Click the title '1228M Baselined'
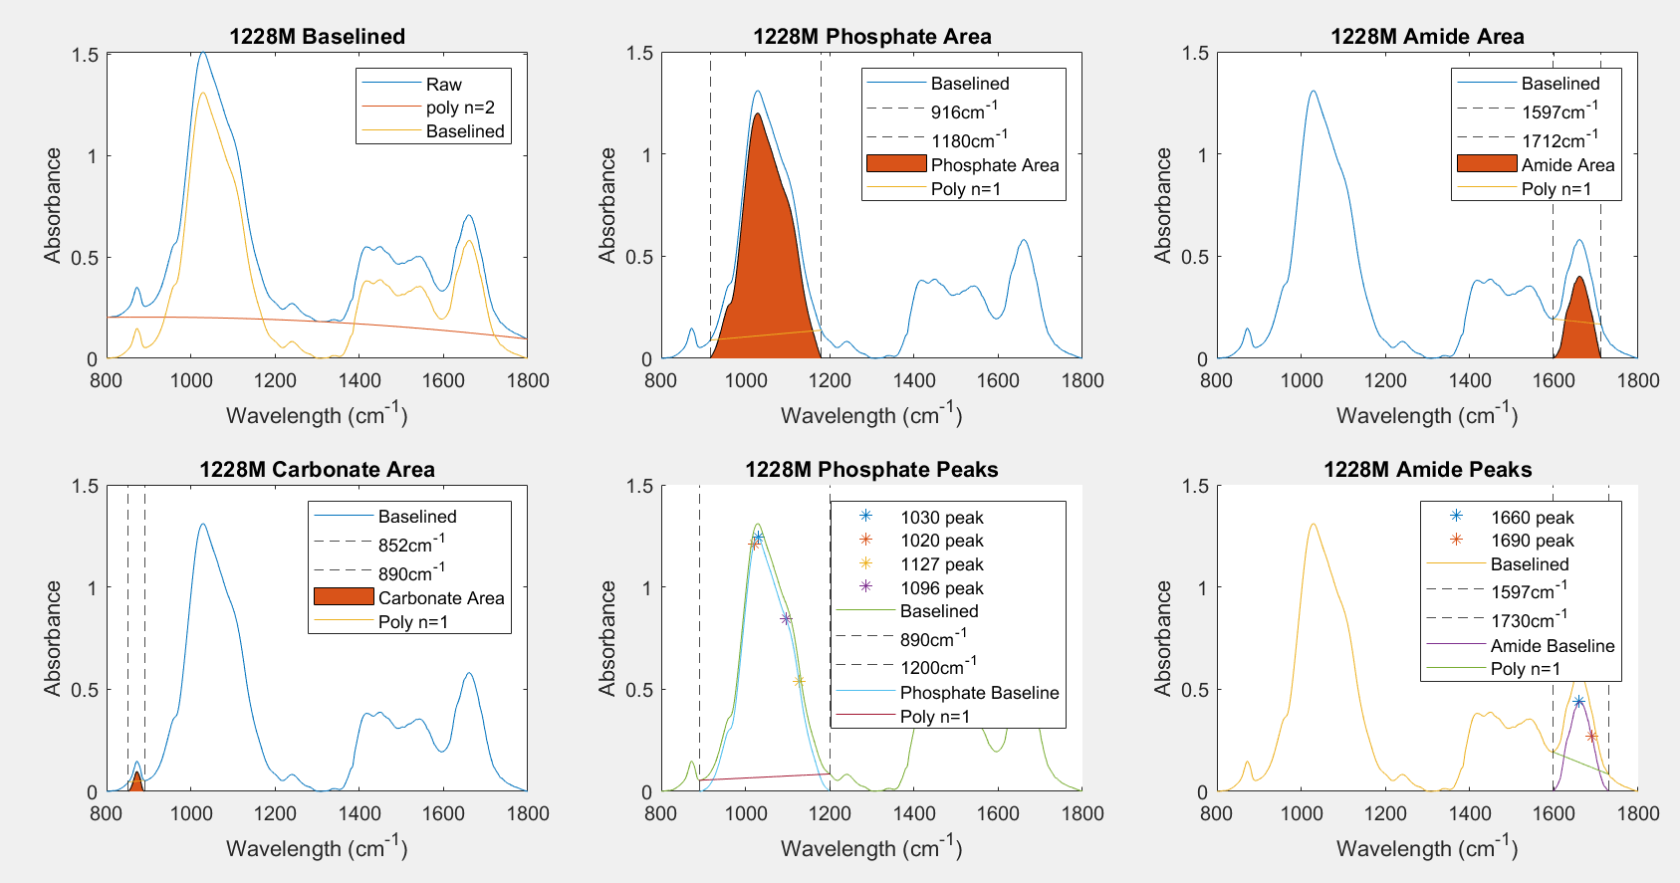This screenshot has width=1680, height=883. pos(317,37)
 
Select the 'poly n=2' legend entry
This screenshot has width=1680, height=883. pos(459,108)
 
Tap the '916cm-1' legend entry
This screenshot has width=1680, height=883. pos(963,111)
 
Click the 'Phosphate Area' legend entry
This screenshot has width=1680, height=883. pos(994,165)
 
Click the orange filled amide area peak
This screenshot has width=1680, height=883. pos(1578,324)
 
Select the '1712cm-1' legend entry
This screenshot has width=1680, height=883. pos(1559,140)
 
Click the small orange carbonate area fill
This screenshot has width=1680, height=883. pos(136,782)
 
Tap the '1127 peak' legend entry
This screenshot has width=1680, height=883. pos(941,564)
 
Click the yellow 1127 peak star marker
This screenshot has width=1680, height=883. pos(799,681)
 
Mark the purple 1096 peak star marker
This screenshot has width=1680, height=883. pos(786,619)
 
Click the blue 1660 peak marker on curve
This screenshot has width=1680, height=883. pos(1578,702)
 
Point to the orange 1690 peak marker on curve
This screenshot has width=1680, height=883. pos(1591,736)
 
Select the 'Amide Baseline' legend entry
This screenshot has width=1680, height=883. pos(1552,646)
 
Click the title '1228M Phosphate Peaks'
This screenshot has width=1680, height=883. pos(871,470)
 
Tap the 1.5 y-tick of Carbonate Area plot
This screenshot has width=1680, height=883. pos(86,486)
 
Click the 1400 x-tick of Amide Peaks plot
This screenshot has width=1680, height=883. pos(1469,813)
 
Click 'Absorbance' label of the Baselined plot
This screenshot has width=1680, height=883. pos(53,205)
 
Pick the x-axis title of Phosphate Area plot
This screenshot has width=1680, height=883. pos(871,415)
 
